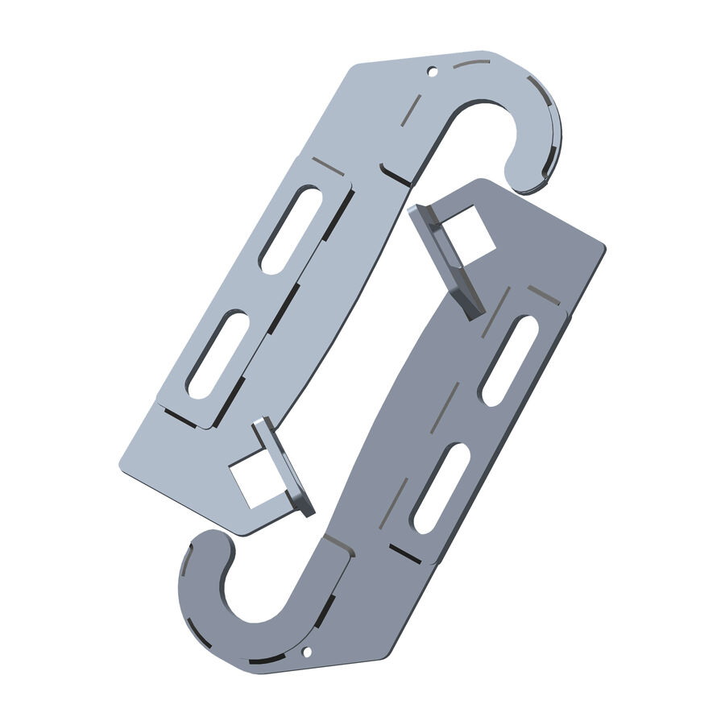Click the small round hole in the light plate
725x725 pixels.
(432, 72)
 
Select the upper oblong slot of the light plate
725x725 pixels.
(289, 229)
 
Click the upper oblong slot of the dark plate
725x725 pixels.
(509, 360)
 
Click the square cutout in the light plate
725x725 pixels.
(252, 482)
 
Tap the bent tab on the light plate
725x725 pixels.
(283, 466)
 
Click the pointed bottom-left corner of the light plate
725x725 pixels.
(122, 466)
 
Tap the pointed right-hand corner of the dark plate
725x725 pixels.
(602, 245)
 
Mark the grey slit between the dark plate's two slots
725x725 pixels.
(449, 407)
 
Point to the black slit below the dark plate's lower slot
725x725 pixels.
(405, 553)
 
